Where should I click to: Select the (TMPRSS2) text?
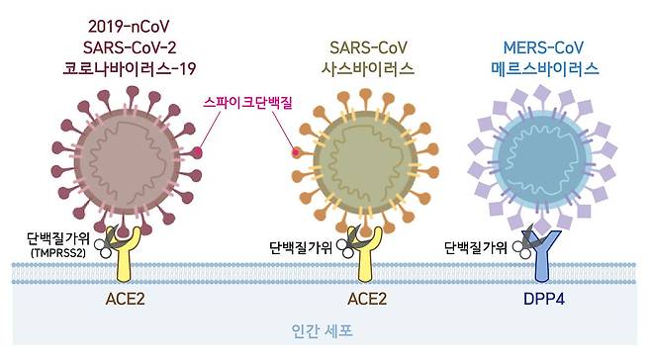pyautogui.click(x=64, y=252)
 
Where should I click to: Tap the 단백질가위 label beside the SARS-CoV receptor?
pyautogui.click(x=303, y=247)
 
